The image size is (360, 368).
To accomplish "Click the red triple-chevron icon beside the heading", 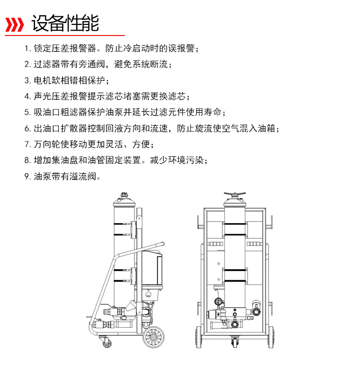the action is click(14, 24).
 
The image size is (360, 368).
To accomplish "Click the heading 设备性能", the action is click(65, 23).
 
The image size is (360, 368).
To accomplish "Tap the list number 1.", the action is click(27, 49).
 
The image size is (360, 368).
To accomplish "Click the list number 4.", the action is click(27, 96).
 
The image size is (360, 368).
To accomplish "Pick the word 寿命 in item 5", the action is click(213, 112).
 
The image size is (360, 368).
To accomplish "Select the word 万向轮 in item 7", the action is click(47, 144).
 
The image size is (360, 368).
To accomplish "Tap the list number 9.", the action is click(27, 177).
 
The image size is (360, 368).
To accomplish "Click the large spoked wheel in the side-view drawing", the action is click(154, 337).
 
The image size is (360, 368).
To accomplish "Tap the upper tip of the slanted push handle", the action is click(163, 244).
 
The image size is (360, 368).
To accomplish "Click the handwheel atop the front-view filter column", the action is click(235, 195).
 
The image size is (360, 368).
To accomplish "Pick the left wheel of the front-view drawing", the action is click(198, 337).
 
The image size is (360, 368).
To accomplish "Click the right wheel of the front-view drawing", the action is click(271, 337).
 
